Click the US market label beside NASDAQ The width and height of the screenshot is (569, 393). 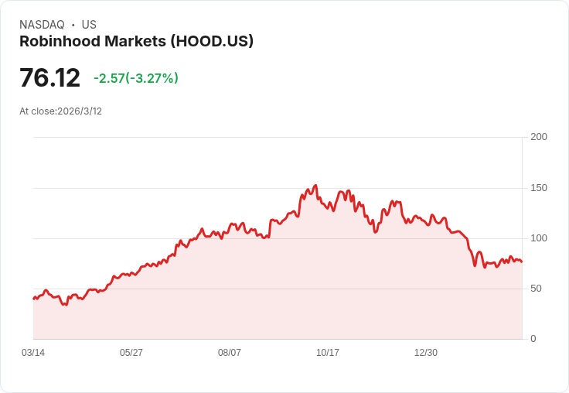tap(89, 25)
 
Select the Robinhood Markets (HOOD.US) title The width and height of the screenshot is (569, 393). tap(136, 42)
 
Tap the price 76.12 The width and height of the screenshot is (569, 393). tap(49, 78)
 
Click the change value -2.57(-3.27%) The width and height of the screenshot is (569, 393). tap(136, 78)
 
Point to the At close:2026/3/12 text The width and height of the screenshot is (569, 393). tap(60, 111)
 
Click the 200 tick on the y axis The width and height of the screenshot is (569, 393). tap(539, 137)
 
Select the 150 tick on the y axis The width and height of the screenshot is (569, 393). tap(539, 188)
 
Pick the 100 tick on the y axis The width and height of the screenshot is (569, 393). tap(539, 238)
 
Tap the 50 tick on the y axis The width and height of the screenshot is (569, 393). tap(536, 289)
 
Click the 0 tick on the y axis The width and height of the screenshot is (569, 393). tap(533, 339)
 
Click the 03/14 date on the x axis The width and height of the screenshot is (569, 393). tap(33, 353)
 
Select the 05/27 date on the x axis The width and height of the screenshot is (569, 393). tap(131, 353)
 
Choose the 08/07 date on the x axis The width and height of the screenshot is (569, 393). tap(230, 353)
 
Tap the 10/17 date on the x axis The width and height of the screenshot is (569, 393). tap(328, 353)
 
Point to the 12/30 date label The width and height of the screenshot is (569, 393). tap(426, 353)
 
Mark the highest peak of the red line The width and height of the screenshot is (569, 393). tap(315, 186)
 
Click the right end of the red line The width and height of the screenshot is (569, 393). tap(522, 261)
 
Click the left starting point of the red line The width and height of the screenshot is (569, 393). tap(33, 299)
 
